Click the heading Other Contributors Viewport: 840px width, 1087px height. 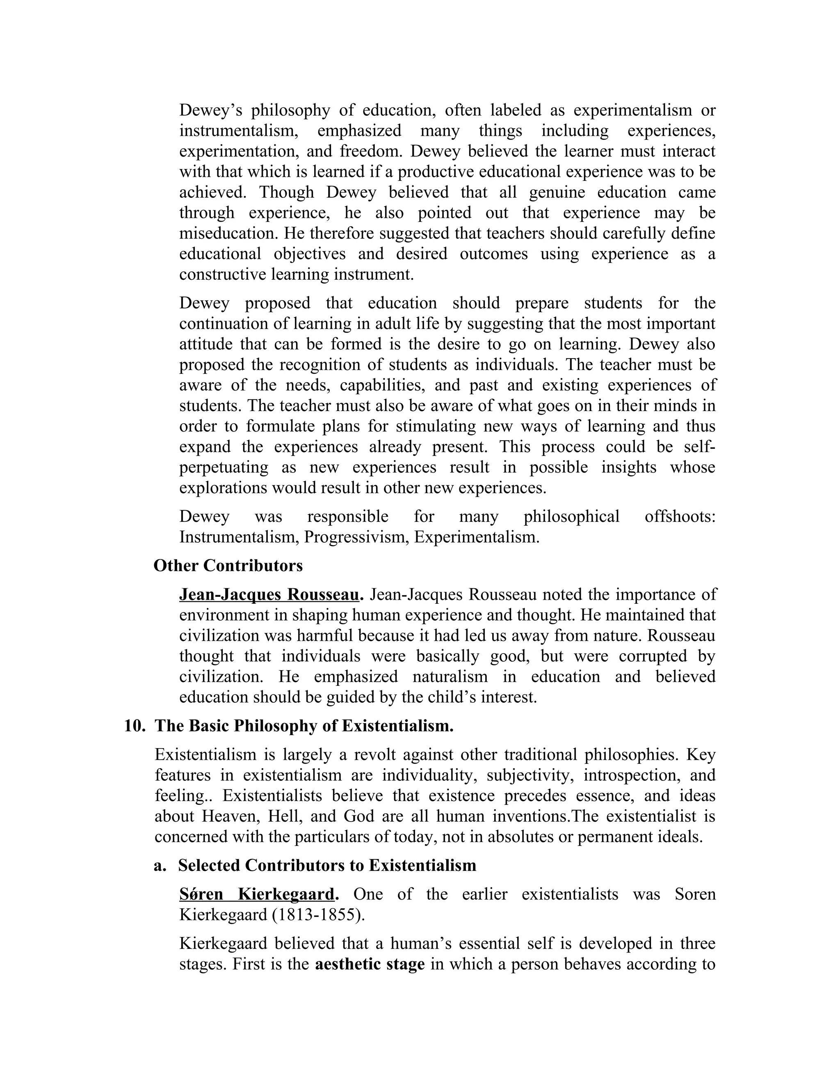(x=228, y=566)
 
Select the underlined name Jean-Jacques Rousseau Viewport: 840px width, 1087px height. (x=269, y=595)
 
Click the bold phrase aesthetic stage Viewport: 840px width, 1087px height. (x=370, y=964)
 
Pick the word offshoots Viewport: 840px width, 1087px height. (x=680, y=516)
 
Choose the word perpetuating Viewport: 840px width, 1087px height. (x=224, y=467)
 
